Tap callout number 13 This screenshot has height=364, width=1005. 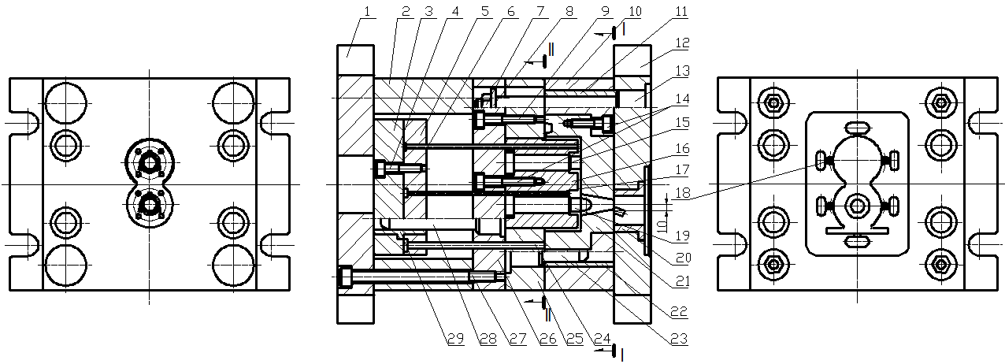681,70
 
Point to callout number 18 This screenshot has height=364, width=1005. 681,193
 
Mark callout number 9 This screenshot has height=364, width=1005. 603,12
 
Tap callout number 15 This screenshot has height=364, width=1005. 681,124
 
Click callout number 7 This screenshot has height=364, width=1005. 540,12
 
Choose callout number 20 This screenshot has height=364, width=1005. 681,256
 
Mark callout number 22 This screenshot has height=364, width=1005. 681,312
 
